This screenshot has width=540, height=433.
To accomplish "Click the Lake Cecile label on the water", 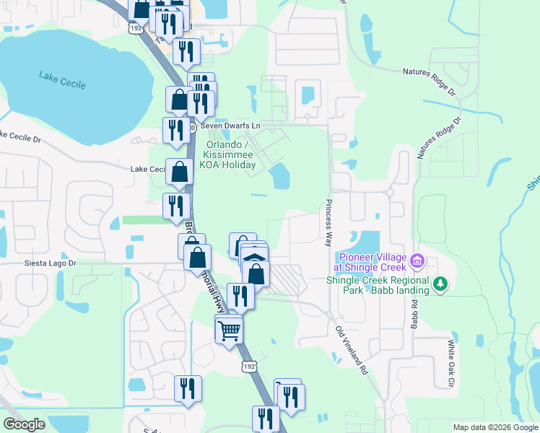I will pyautogui.click(x=62, y=80).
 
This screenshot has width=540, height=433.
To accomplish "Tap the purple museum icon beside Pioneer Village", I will pyautogui.click(x=417, y=261).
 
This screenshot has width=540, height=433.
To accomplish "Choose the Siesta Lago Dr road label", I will pyautogui.click(x=49, y=263).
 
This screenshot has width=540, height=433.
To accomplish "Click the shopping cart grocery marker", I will pyautogui.click(x=229, y=331).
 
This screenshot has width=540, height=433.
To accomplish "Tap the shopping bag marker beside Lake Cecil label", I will pyautogui.click(x=179, y=172).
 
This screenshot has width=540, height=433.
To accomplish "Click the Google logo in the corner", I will pyautogui.click(x=24, y=424).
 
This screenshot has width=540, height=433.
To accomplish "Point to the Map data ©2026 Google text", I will pyautogui.click(x=495, y=427).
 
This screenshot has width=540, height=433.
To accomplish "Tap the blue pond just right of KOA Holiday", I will pyautogui.click(x=279, y=175).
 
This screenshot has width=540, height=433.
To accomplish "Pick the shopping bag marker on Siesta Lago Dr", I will pyautogui.click(x=197, y=258).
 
